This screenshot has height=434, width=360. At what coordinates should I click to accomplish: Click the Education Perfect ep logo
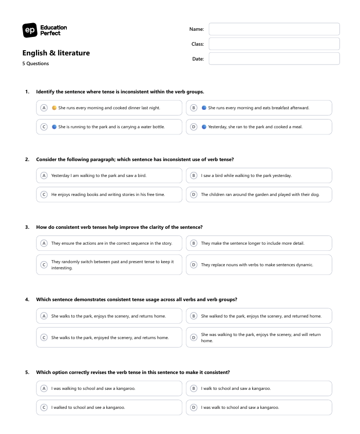click(x=30, y=30)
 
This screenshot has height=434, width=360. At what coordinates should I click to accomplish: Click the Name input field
click(x=274, y=29)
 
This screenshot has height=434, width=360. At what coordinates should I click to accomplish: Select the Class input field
click(x=274, y=44)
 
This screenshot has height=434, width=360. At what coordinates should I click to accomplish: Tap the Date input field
click(x=274, y=59)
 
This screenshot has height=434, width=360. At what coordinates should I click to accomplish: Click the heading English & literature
click(x=56, y=53)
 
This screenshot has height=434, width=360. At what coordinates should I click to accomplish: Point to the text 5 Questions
click(x=35, y=64)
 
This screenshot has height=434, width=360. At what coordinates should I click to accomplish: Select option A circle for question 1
click(x=44, y=108)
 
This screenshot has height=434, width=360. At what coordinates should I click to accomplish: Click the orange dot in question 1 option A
click(x=54, y=108)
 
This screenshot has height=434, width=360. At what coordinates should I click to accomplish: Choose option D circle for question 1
click(x=194, y=127)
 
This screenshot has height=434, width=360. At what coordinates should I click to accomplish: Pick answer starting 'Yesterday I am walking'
click(x=99, y=175)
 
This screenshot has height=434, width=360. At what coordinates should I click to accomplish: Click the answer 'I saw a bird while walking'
click(x=247, y=175)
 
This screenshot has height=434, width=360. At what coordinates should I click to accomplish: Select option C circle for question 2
click(x=44, y=194)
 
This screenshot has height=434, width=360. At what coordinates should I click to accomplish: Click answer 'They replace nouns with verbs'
click(x=257, y=265)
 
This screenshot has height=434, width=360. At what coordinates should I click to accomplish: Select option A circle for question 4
click(x=44, y=316)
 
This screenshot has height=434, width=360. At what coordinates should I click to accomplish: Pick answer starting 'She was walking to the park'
click(x=260, y=338)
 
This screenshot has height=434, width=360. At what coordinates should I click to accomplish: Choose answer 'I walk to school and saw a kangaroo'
click(x=236, y=388)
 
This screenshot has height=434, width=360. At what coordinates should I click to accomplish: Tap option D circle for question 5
click(x=194, y=407)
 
